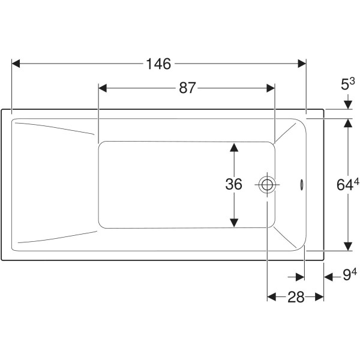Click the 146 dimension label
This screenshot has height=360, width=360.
(x=158, y=64)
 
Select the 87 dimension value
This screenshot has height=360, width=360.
(x=187, y=88)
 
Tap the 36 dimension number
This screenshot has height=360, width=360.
(x=233, y=184)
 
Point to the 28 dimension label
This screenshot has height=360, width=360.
(x=296, y=297)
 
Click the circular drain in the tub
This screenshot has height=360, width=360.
(x=267, y=185)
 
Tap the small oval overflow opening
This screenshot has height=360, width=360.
(x=302, y=184)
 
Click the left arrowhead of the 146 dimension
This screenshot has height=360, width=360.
(x=16, y=64)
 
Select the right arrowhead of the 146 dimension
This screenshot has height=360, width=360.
(x=302, y=64)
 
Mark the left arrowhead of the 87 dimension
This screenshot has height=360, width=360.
(x=103, y=88)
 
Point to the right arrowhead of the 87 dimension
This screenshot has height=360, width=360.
(x=271, y=88)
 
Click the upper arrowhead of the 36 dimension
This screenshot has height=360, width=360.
(x=234, y=147)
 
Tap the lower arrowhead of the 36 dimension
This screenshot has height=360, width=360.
(x=234, y=223)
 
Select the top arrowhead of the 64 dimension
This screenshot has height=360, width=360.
(x=348, y=123)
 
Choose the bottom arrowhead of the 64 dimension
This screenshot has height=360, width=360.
(x=348, y=247)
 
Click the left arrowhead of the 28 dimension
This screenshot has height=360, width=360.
(x=272, y=297)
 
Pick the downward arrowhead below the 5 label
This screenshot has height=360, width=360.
(x=348, y=104)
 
